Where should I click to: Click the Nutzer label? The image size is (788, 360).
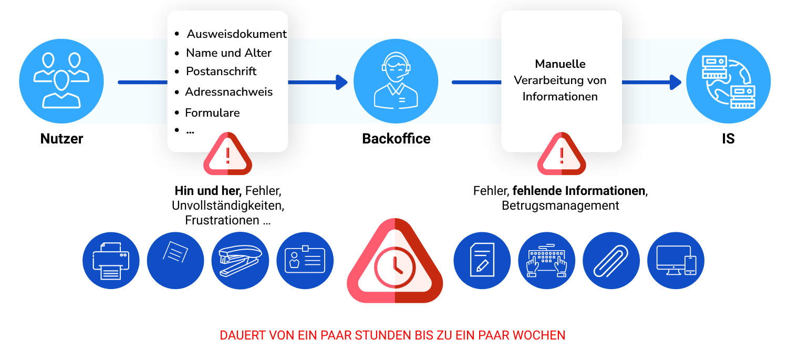(x=61, y=139)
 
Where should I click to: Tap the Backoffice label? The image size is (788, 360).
(x=396, y=139)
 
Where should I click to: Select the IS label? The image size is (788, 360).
(x=728, y=139)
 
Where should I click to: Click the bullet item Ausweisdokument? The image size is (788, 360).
(x=237, y=34)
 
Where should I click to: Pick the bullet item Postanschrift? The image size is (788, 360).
(x=221, y=71)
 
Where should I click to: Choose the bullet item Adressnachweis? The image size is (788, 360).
(x=229, y=91)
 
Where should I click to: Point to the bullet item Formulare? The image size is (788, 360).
(x=212, y=112)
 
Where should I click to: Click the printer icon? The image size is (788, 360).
(x=111, y=261)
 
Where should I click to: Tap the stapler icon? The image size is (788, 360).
(x=240, y=261)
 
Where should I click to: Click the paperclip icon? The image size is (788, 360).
(x=611, y=261)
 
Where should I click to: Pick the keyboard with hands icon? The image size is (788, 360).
(x=547, y=261)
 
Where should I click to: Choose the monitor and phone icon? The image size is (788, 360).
(x=676, y=260)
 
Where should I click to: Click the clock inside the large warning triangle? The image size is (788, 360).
(x=395, y=268)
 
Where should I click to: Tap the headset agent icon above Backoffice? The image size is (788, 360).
(x=396, y=80)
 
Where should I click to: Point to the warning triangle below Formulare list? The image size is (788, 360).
(x=227, y=153)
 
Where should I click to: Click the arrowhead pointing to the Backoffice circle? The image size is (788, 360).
(x=341, y=83)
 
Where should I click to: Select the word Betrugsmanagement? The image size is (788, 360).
(x=560, y=205)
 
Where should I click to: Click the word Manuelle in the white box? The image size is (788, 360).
(x=560, y=64)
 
